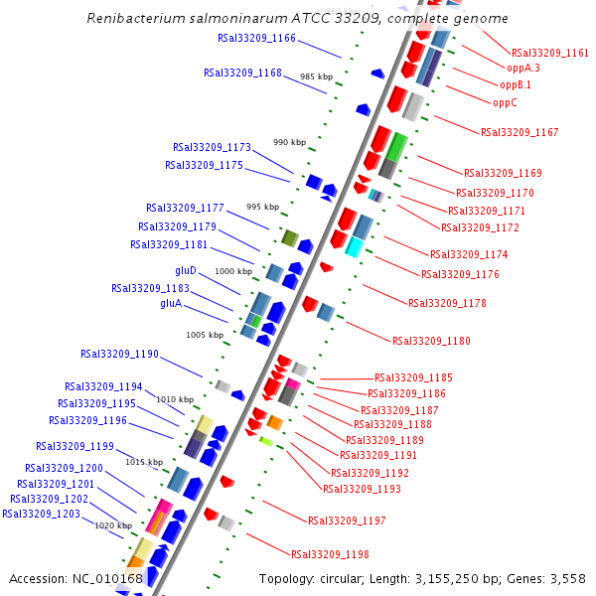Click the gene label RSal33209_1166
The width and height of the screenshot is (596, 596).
point(256,38)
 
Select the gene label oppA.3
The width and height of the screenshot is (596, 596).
point(523,69)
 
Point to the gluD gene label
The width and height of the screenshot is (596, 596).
point(186,270)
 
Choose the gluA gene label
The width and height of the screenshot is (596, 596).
point(171,303)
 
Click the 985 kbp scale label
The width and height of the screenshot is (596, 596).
point(317,76)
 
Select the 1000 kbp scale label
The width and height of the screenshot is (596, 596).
point(233,271)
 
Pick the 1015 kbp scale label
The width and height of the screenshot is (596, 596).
point(143,462)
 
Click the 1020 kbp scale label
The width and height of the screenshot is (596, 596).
point(113,525)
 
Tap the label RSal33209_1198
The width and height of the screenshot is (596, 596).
point(330,554)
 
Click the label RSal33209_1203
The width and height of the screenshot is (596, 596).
point(41,514)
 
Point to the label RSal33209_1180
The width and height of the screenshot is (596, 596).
point(431,341)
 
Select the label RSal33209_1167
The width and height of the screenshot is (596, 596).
point(520,132)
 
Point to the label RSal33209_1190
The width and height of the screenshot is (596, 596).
point(119,354)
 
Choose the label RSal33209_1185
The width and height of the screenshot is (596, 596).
point(413,377)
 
